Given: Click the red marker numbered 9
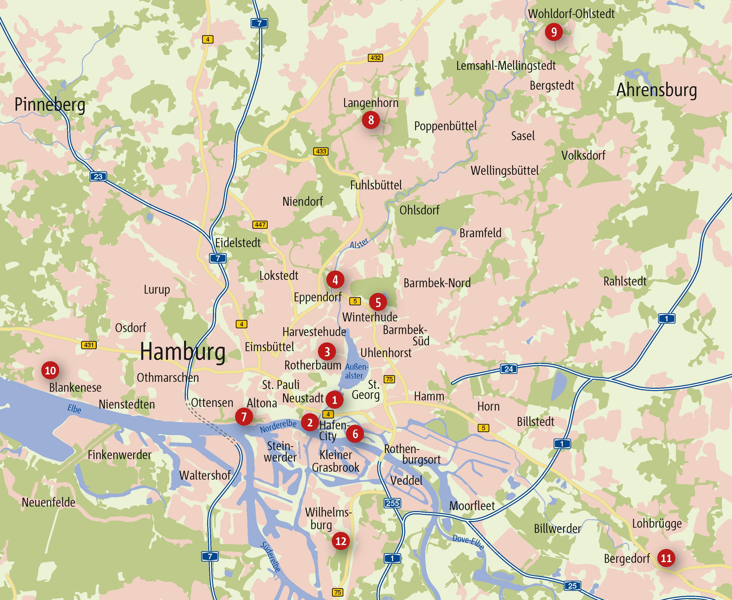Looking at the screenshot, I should coord(554,32).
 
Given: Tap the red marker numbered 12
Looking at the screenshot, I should coord(341,541).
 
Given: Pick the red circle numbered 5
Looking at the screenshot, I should coord(378,302).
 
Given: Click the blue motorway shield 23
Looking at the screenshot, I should coord(98,176).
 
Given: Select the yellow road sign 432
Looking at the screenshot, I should coord(375,58).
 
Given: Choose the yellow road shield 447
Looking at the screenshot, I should coord(260,225).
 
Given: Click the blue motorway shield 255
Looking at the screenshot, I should coord(393,503).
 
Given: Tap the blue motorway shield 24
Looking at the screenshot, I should coord(509,369).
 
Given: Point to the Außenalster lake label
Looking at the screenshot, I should coord(356,371).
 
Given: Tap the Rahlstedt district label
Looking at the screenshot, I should coord(625,281).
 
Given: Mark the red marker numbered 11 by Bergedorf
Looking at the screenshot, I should coord(666,558).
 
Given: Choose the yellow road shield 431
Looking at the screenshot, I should coord(89,345).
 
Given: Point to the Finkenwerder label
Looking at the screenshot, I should coord(119,455).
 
